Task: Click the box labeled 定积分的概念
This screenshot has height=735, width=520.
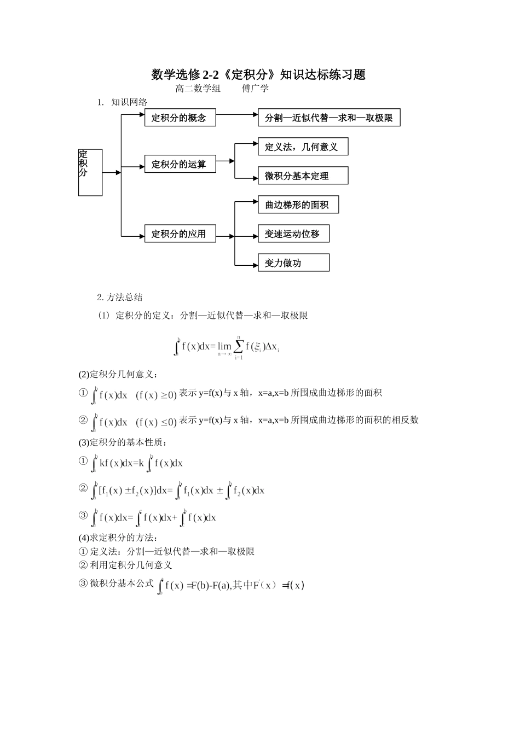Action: (x=180, y=118)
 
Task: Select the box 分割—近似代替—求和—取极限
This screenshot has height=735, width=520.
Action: (x=329, y=118)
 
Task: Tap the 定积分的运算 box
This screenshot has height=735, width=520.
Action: (x=180, y=164)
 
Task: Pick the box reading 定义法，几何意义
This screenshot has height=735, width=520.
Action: (x=303, y=147)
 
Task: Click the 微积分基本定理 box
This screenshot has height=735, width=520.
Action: (x=303, y=176)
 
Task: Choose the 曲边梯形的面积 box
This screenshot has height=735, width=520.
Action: (x=298, y=205)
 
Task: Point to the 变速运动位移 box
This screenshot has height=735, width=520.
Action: (x=293, y=234)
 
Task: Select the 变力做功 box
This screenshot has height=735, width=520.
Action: (x=293, y=262)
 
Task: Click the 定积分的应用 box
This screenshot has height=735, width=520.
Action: (x=180, y=234)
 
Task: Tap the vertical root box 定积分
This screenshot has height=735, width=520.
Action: (x=90, y=172)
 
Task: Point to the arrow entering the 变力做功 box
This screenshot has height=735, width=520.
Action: (x=246, y=265)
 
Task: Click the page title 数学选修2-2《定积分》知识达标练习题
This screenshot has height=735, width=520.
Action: (x=258, y=74)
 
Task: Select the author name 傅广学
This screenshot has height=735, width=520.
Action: (x=255, y=89)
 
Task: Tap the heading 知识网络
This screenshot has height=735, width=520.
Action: (x=129, y=102)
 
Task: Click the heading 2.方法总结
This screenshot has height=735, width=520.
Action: (x=120, y=297)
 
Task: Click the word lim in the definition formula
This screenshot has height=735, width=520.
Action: (x=224, y=346)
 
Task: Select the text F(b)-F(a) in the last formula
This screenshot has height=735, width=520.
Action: (x=211, y=586)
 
